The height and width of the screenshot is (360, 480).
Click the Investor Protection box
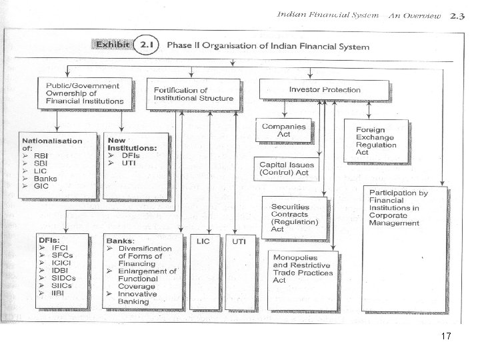325,90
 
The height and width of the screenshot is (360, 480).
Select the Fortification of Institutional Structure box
193,94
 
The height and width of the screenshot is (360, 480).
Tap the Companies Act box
283,130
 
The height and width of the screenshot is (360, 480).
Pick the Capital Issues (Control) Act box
287,169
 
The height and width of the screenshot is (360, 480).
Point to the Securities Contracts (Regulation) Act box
294,217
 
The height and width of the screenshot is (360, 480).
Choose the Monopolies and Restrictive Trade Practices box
304,269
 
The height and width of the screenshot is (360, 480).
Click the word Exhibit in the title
111,45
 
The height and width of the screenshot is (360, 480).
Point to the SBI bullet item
41,164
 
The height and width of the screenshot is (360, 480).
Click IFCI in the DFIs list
60,248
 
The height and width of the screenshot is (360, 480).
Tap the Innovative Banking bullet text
138,298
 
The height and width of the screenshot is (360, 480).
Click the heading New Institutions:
132,144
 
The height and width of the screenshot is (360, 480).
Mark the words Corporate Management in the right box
394,219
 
